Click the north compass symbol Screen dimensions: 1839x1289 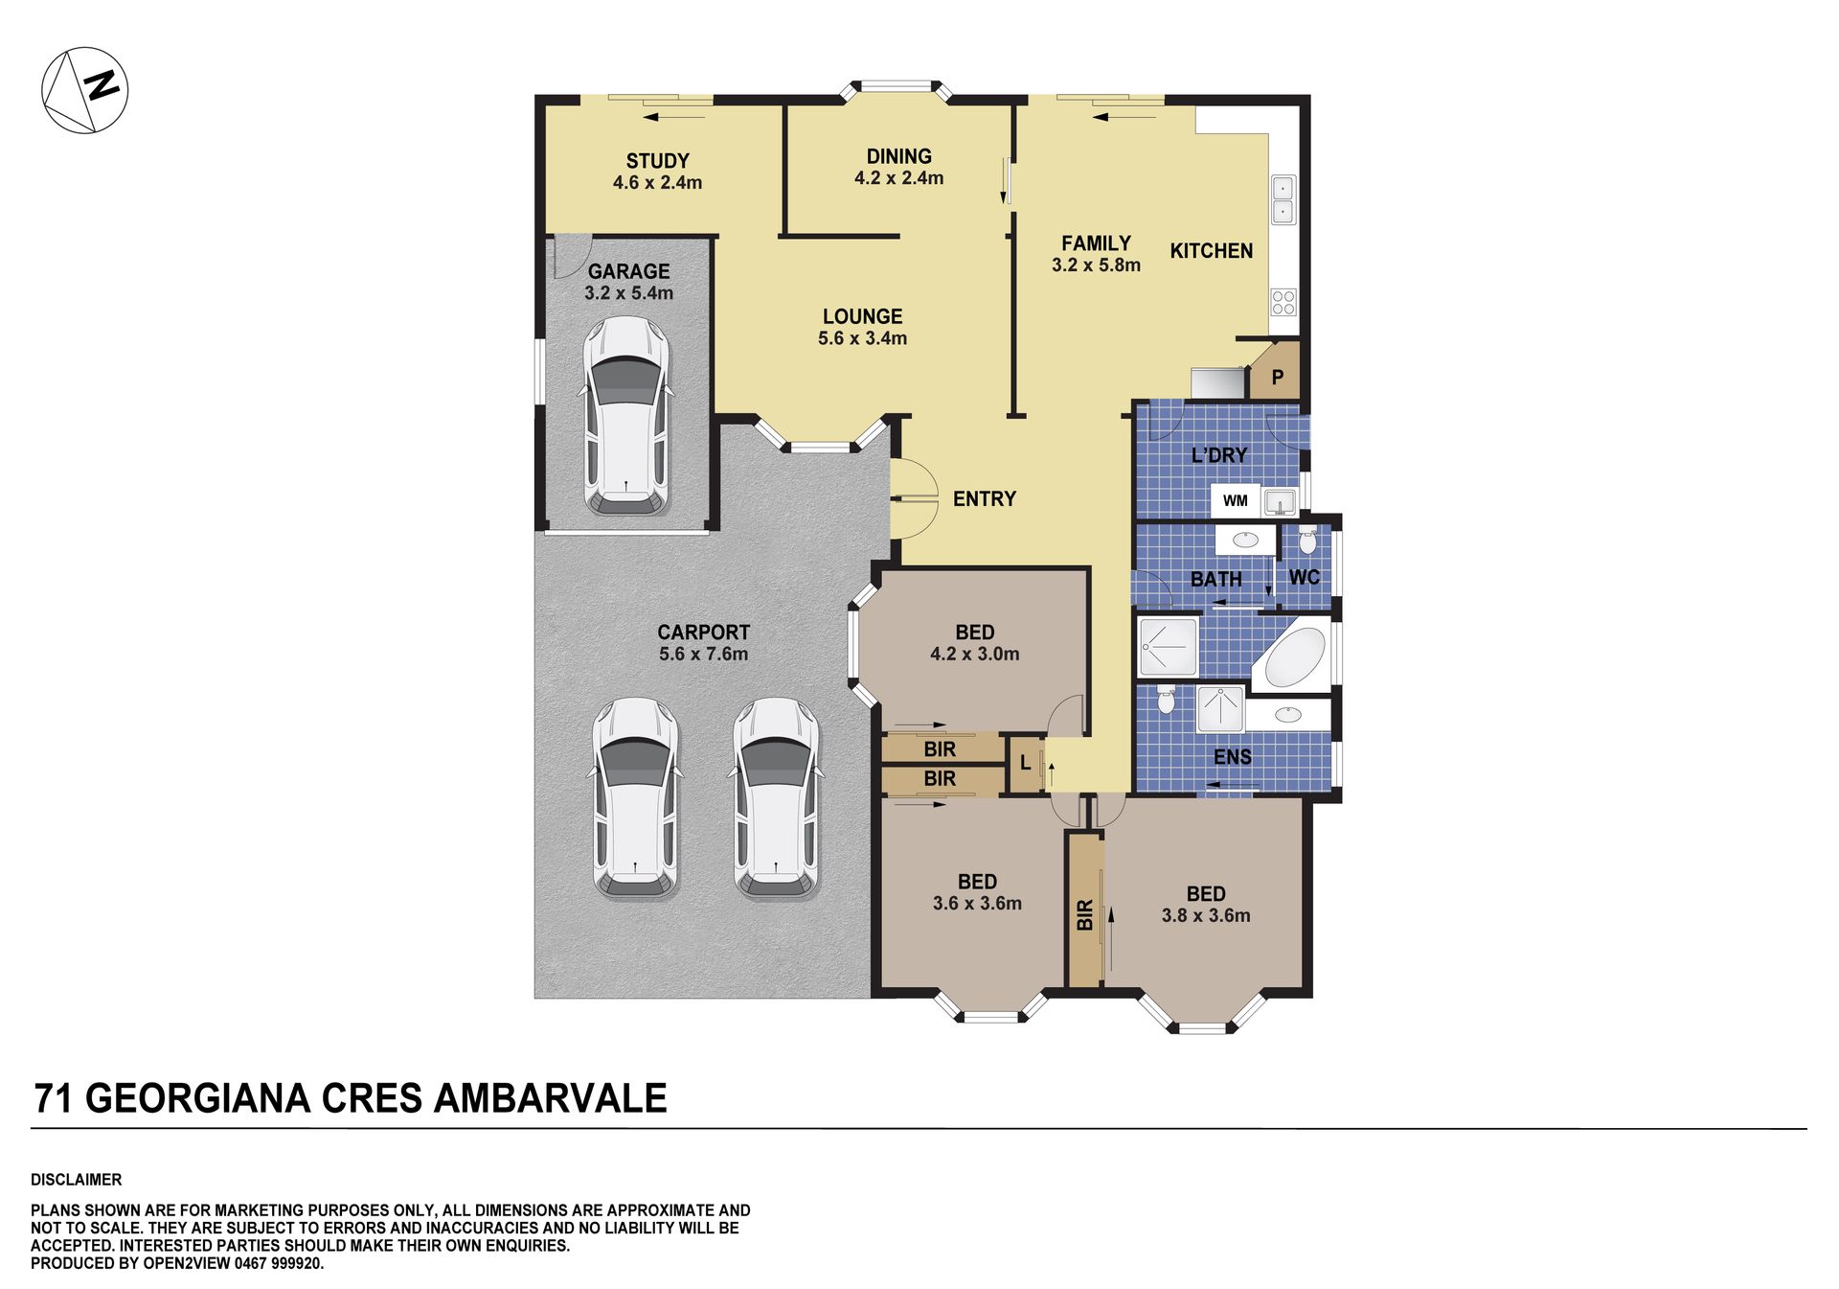coord(84,90)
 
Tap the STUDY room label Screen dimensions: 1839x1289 coord(657,161)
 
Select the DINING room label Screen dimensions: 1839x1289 coord(898,156)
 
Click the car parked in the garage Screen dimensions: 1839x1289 coord(626,415)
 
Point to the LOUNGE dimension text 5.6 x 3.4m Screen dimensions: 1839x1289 coord(862,338)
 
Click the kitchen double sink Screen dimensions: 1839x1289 coord(1283,199)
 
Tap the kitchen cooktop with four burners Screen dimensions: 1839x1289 coord(1283,303)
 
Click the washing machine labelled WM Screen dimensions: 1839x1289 coord(1236,500)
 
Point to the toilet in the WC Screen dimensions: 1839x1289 coord(1307,541)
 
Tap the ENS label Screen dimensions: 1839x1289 coord(1232,757)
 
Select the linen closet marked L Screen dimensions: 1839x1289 coord(1026,764)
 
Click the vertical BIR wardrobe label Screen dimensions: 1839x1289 coord(1084,915)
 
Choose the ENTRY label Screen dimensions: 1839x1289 coord(984,498)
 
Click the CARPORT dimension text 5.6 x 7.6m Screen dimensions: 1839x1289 coord(703,654)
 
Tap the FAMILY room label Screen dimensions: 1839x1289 coord(1096,243)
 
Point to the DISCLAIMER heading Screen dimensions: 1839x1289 coord(76,1180)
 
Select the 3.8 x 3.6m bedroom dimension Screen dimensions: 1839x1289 coord(1206,915)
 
